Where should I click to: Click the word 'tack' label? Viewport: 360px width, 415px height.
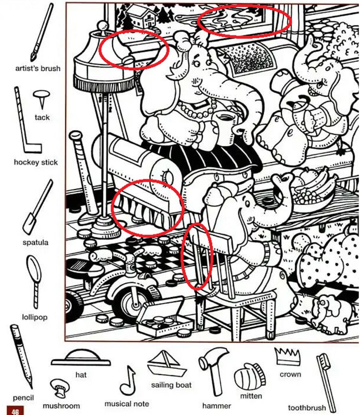click(x=42, y=117)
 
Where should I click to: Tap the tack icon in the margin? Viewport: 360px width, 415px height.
click(x=41, y=99)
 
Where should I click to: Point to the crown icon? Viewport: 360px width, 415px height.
click(x=287, y=356)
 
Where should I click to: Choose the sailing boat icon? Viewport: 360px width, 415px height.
click(x=167, y=364)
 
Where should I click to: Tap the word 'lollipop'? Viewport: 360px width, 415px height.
click(x=35, y=317)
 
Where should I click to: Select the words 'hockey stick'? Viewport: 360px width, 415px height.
click(x=36, y=162)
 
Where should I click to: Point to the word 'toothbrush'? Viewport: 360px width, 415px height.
click(x=307, y=407)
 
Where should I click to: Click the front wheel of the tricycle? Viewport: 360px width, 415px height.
click(x=132, y=305)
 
